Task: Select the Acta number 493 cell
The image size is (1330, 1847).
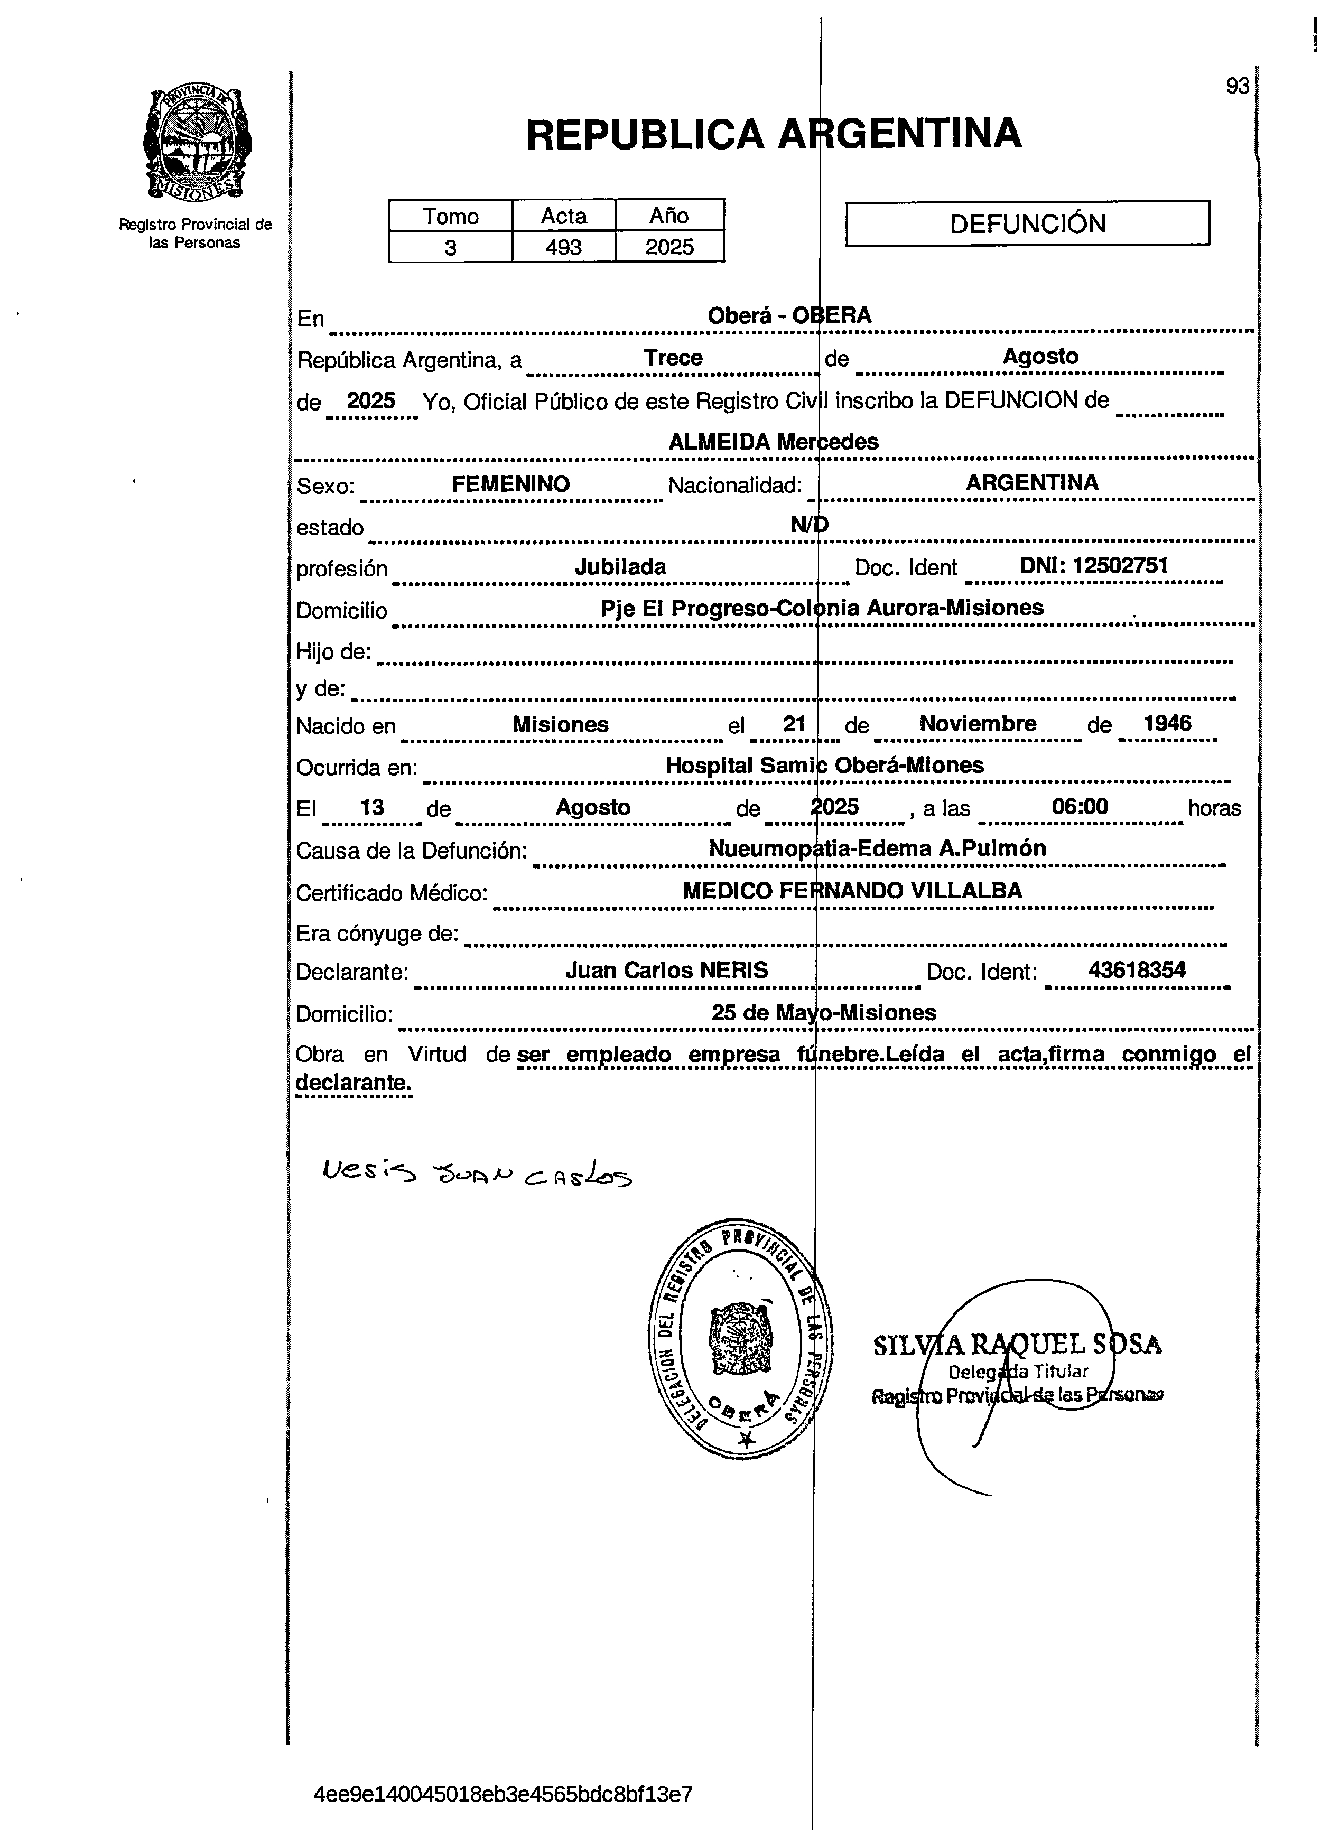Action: [564, 247]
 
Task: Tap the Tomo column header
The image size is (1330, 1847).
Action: [450, 216]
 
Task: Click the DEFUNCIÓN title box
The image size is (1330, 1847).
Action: [1027, 223]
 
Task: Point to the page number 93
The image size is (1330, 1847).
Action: [1236, 86]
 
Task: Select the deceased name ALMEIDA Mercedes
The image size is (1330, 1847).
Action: [773, 441]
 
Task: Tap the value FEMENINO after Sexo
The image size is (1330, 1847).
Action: [510, 484]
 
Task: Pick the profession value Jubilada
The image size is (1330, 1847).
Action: [620, 567]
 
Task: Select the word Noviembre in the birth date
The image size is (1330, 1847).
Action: [978, 723]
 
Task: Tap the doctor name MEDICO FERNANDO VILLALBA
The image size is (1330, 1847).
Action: [852, 890]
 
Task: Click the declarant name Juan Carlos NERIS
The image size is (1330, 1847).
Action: [666, 970]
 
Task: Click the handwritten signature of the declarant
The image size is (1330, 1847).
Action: [477, 1173]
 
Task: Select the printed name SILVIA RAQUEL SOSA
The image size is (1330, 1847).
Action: [1017, 1345]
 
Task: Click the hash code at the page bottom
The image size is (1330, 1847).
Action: [503, 1794]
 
